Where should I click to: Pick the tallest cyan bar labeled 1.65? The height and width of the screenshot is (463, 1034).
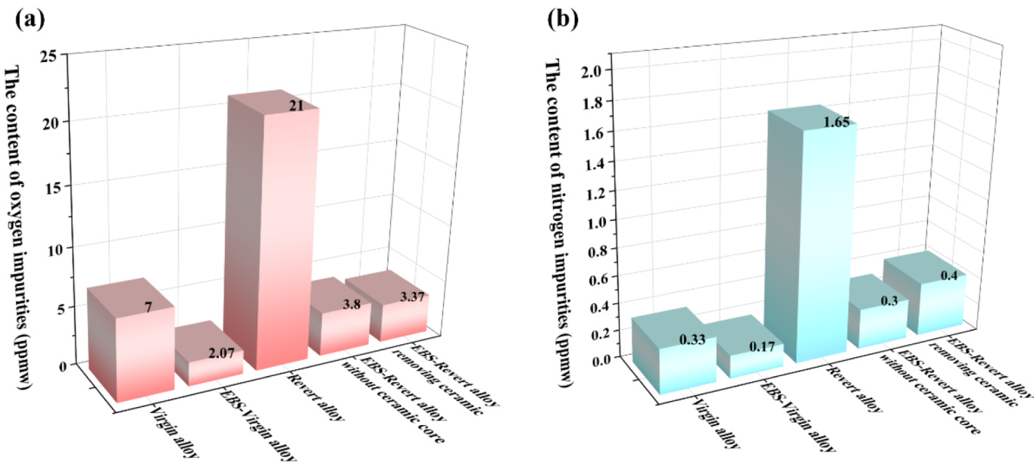pyautogui.click(x=811, y=250)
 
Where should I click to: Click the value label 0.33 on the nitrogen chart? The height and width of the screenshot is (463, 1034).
pyautogui.click(x=693, y=340)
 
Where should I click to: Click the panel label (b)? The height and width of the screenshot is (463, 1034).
pyautogui.click(x=564, y=19)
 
